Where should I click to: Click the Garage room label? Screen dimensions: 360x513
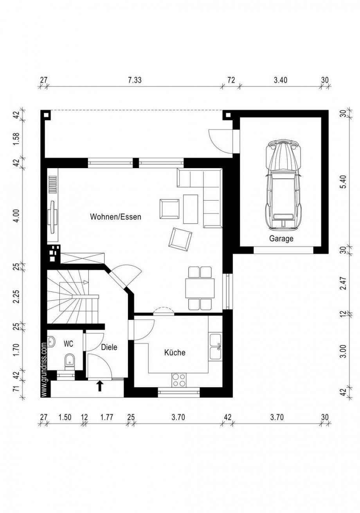pyautogui.click(x=281, y=239)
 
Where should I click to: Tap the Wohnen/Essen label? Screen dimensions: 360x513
pyautogui.click(x=115, y=217)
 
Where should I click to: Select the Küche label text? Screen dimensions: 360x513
pyautogui.click(x=175, y=352)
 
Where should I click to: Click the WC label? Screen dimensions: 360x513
pyautogui.click(x=68, y=344)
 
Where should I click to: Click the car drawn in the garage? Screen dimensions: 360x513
pyautogui.click(x=283, y=185)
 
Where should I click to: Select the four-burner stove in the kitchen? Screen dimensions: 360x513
pyautogui.click(x=179, y=380)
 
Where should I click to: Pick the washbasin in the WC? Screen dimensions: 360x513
pyautogui.click(x=51, y=342)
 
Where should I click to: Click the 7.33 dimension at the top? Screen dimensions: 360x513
pyautogui.click(x=135, y=80)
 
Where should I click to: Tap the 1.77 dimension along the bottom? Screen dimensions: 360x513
pyautogui.click(x=106, y=417)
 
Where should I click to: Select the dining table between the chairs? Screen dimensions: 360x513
pyautogui.click(x=200, y=288)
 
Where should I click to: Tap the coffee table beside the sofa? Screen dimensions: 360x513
pyautogui.click(x=191, y=209)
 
